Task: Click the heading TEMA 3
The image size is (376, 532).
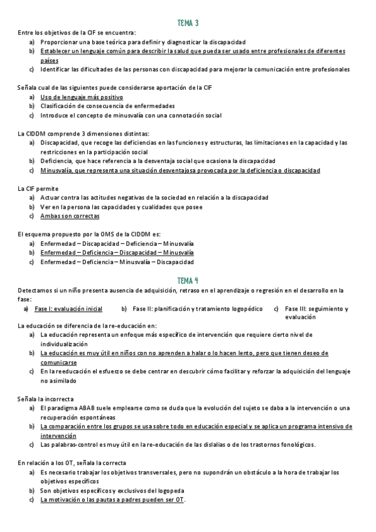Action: point(188,23)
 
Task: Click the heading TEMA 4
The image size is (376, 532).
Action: point(188,280)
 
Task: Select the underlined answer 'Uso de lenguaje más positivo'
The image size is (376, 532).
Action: point(82,97)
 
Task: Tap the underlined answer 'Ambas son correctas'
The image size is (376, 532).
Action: point(70,216)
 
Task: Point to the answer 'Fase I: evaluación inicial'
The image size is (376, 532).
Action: point(68,309)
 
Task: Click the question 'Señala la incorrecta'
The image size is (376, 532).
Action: point(46,399)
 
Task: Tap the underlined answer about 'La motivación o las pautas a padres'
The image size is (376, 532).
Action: point(113,500)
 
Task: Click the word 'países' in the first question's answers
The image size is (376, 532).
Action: point(50,61)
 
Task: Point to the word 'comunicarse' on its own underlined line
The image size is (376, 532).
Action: point(58,363)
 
